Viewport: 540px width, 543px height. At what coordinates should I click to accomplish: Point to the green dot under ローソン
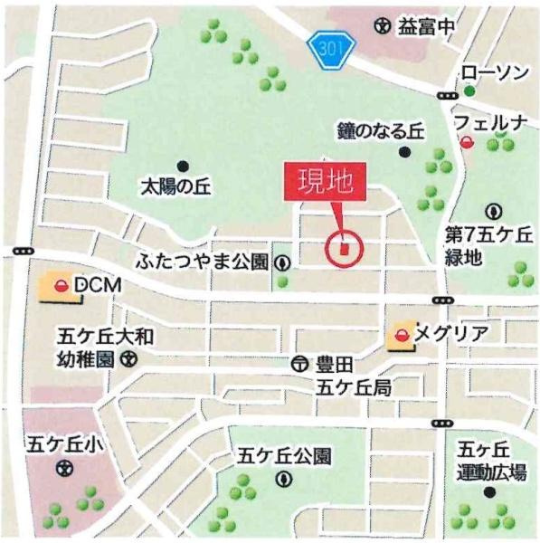[469, 90]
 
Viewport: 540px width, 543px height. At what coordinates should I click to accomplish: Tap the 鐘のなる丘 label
[380, 131]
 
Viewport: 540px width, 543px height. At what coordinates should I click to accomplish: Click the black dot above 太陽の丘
[184, 166]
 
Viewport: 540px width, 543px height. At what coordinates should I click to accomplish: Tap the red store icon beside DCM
[61, 287]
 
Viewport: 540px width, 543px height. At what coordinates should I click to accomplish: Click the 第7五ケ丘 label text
[488, 235]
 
